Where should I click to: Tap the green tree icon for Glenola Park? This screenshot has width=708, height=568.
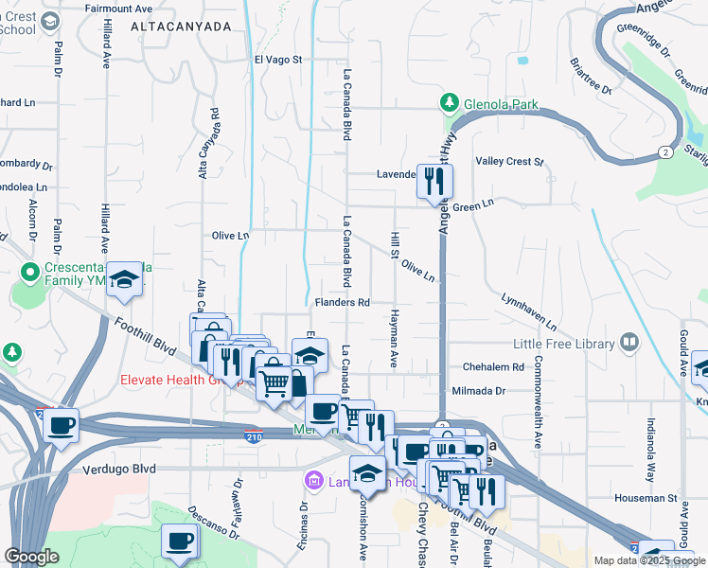[450, 102]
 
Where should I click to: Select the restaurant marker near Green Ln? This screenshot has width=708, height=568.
[435, 182]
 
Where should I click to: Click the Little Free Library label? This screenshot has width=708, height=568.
[565, 343]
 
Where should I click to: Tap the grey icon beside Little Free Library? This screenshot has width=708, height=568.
[629, 343]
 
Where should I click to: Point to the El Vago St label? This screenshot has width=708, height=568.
[277, 59]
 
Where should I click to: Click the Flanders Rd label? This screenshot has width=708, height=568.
[342, 303]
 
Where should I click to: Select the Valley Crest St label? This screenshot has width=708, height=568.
[510, 162]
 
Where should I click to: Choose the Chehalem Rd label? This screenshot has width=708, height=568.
[493, 366]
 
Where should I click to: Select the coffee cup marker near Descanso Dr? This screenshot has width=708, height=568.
[179, 542]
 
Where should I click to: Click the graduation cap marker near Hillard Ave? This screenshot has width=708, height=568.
[124, 278]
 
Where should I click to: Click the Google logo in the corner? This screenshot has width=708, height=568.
[31, 557]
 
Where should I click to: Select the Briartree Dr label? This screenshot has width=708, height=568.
[591, 80]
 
